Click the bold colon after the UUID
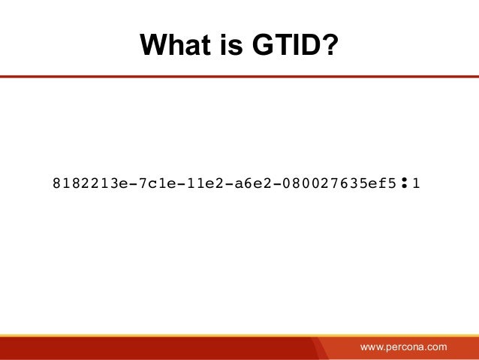click(404, 182)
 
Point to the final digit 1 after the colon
click(416, 183)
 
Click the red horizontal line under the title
click(239, 77)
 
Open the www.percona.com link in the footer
click(403, 346)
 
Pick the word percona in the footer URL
click(405, 346)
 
